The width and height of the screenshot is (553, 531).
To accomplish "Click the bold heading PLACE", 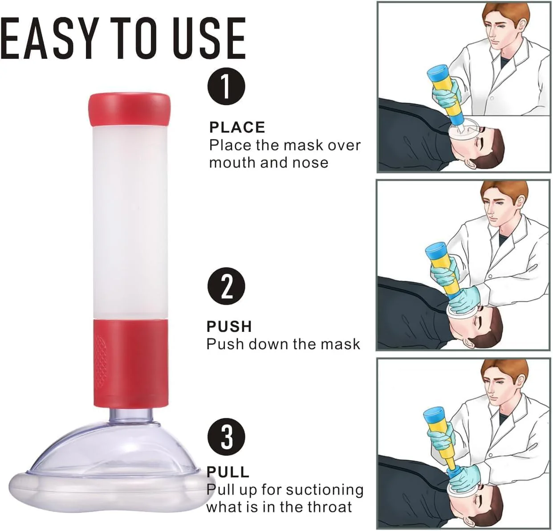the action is [x=237, y=127].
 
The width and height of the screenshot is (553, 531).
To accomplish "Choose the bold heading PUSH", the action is [x=229, y=327].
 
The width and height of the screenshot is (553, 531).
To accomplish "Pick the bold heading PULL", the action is [x=228, y=472].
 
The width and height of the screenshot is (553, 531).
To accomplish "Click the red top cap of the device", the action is [x=130, y=110].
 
